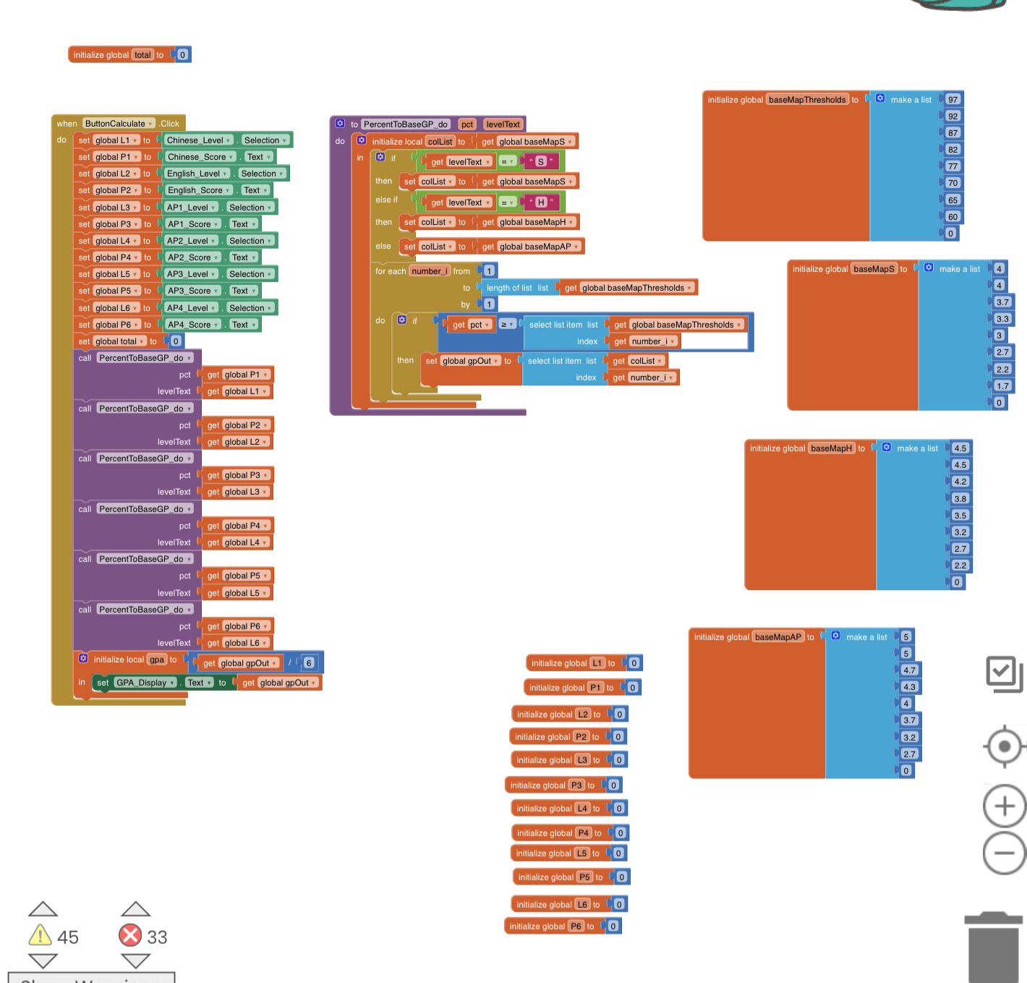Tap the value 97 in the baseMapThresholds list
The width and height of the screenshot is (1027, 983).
coord(953,100)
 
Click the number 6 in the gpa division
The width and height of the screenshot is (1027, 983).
coord(309,663)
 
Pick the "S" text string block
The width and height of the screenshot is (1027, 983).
coord(540,161)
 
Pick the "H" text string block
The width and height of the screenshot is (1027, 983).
coord(540,203)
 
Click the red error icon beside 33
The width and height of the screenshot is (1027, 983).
coord(130,935)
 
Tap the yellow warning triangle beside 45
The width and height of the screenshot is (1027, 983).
coord(40,935)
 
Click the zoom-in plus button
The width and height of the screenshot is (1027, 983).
coord(1005,806)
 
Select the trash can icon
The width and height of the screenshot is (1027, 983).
coord(993,948)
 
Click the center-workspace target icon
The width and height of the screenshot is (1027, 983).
coord(1005,746)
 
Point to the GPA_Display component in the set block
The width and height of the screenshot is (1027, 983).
coord(145,683)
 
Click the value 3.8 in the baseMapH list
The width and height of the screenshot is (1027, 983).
coord(960,498)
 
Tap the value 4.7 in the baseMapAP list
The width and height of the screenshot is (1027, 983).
coord(909,670)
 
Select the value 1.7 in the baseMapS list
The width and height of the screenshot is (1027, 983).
coord(1002,386)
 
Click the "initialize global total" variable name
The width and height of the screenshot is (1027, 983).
coord(142,55)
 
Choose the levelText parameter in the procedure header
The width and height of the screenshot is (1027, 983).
coord(503,124)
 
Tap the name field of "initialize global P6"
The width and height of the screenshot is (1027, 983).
coord(576,926)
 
